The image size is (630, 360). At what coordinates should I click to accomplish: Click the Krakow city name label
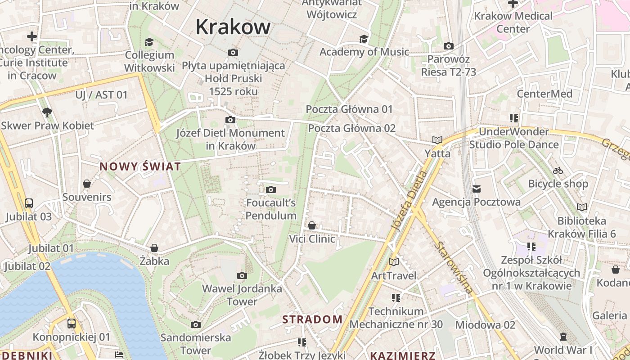click(233, 27)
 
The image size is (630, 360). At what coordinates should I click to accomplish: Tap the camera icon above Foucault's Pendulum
click(270, 190)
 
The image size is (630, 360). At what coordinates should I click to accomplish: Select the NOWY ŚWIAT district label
click(140, 166)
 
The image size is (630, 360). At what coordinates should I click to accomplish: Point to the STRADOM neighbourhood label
click(312, 319)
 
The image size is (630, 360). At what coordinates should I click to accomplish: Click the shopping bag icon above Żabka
click(154, 248)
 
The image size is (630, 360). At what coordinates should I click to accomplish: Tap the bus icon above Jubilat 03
click(29, 203)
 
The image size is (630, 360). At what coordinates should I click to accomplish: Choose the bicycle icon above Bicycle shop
click(558, 171)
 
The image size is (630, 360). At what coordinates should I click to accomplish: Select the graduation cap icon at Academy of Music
click(364, 39)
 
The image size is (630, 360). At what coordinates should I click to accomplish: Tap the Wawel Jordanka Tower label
click(242, 295)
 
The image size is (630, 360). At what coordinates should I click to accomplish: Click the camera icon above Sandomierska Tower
click(195, 324)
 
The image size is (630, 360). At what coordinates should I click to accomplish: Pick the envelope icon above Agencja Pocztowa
click(476, 189)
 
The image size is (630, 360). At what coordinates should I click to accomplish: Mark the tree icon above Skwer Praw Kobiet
click(47, 112)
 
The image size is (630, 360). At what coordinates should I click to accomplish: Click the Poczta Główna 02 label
click(351, 128)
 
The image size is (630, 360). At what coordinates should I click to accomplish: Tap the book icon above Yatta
click(437, 140)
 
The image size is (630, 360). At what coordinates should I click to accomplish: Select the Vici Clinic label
click(312, 238)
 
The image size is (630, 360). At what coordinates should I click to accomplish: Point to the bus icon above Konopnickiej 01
click(71, 323)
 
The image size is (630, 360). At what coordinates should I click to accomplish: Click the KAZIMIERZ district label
click(402, 355)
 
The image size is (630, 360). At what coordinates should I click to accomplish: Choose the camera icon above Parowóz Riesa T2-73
click(448, 46)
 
